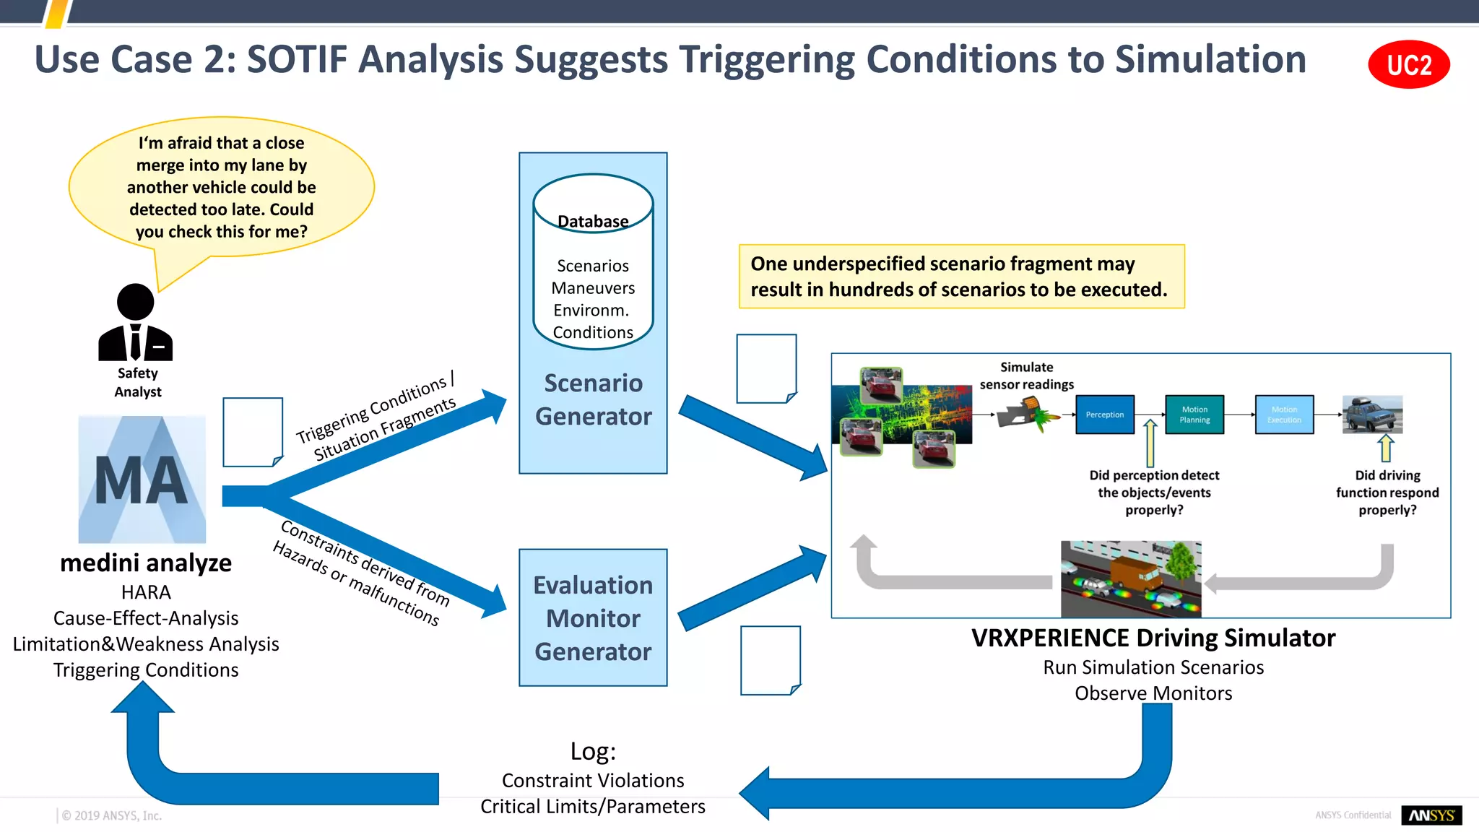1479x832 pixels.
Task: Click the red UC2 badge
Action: pos(1408,65)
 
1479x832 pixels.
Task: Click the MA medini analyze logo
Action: pos(142,480)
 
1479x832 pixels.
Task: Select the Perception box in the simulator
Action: pos(1104,415)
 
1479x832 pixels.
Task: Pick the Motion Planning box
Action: pos(1194,415)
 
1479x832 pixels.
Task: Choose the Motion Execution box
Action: pos(1284,415)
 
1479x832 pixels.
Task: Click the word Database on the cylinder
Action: pos(593,221)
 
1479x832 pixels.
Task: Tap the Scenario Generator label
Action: pos(593,399)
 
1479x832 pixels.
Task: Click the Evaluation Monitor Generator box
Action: pos(593,618)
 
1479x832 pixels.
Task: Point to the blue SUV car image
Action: pos(1372,415)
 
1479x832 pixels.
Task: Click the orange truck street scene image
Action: pos(1131,578)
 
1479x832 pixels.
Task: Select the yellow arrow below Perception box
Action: pos(1150,444)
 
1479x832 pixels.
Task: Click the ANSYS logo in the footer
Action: pos(1431,815)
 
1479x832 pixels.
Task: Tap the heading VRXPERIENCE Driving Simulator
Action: pos(1153,638)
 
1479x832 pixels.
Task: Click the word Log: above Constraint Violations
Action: pos(593,751)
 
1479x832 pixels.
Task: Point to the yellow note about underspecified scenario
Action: pos(961,277)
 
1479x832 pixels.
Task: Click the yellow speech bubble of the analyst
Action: pos(222,187)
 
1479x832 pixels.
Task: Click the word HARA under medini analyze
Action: pos(146,592)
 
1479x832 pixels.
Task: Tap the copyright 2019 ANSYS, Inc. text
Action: pos(111,815)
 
